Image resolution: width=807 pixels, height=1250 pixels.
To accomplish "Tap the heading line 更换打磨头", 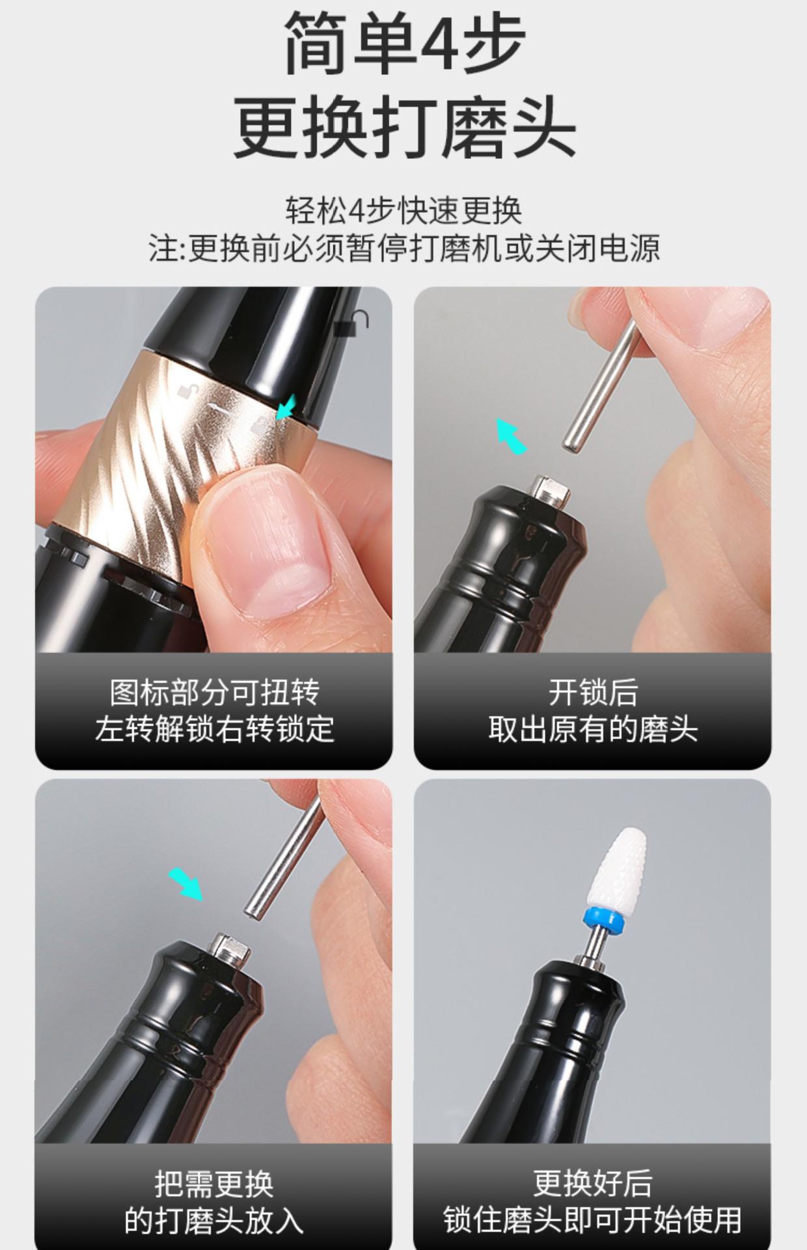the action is pos(404,126).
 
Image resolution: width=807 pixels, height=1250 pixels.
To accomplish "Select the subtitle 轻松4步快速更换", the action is pos(403,210).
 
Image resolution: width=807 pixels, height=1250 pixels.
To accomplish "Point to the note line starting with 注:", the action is pos(404,248).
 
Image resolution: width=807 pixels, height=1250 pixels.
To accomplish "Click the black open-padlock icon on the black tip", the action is pos(351,322).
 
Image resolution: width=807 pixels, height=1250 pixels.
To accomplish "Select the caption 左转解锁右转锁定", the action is pos(214,729).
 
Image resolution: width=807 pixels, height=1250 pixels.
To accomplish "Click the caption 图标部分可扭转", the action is pos(214,693).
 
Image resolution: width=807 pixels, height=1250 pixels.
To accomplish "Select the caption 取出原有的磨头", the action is pos(593,729).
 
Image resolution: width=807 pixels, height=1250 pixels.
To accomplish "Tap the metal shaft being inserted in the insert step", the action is pos(284,858).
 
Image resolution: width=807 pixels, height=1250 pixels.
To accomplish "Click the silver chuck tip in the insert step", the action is pos(232,949).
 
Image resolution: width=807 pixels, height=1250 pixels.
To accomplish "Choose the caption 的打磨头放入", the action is pos(214,1221).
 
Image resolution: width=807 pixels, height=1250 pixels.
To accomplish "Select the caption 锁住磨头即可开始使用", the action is pos(593,1221).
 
